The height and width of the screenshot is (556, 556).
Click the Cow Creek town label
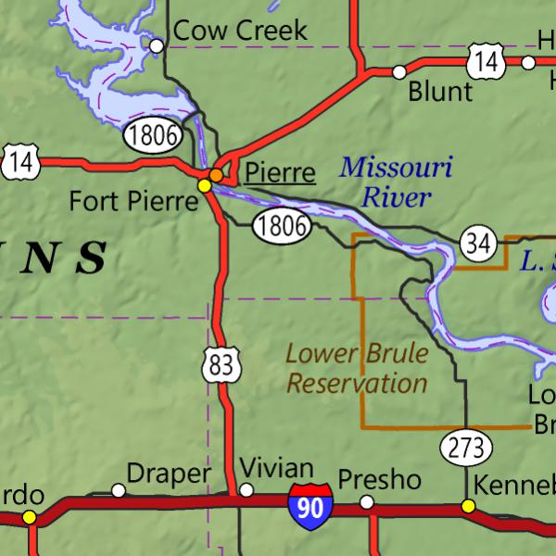240,31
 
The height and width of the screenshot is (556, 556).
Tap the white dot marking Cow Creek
158,44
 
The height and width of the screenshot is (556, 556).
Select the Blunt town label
440,91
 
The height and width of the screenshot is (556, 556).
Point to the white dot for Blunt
399,71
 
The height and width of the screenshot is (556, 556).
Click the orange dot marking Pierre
216,174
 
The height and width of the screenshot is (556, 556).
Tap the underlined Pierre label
279,172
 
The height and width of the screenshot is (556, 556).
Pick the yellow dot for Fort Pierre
204,185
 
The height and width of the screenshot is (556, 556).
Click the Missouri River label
396,183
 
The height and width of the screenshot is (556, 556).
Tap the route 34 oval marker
477,245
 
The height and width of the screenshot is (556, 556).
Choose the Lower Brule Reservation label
357,368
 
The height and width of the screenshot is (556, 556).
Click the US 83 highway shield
221,365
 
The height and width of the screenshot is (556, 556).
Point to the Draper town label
168,474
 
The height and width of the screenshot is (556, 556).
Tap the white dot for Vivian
246,490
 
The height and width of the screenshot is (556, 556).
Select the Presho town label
379,480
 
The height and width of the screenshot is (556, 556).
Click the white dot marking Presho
367,501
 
